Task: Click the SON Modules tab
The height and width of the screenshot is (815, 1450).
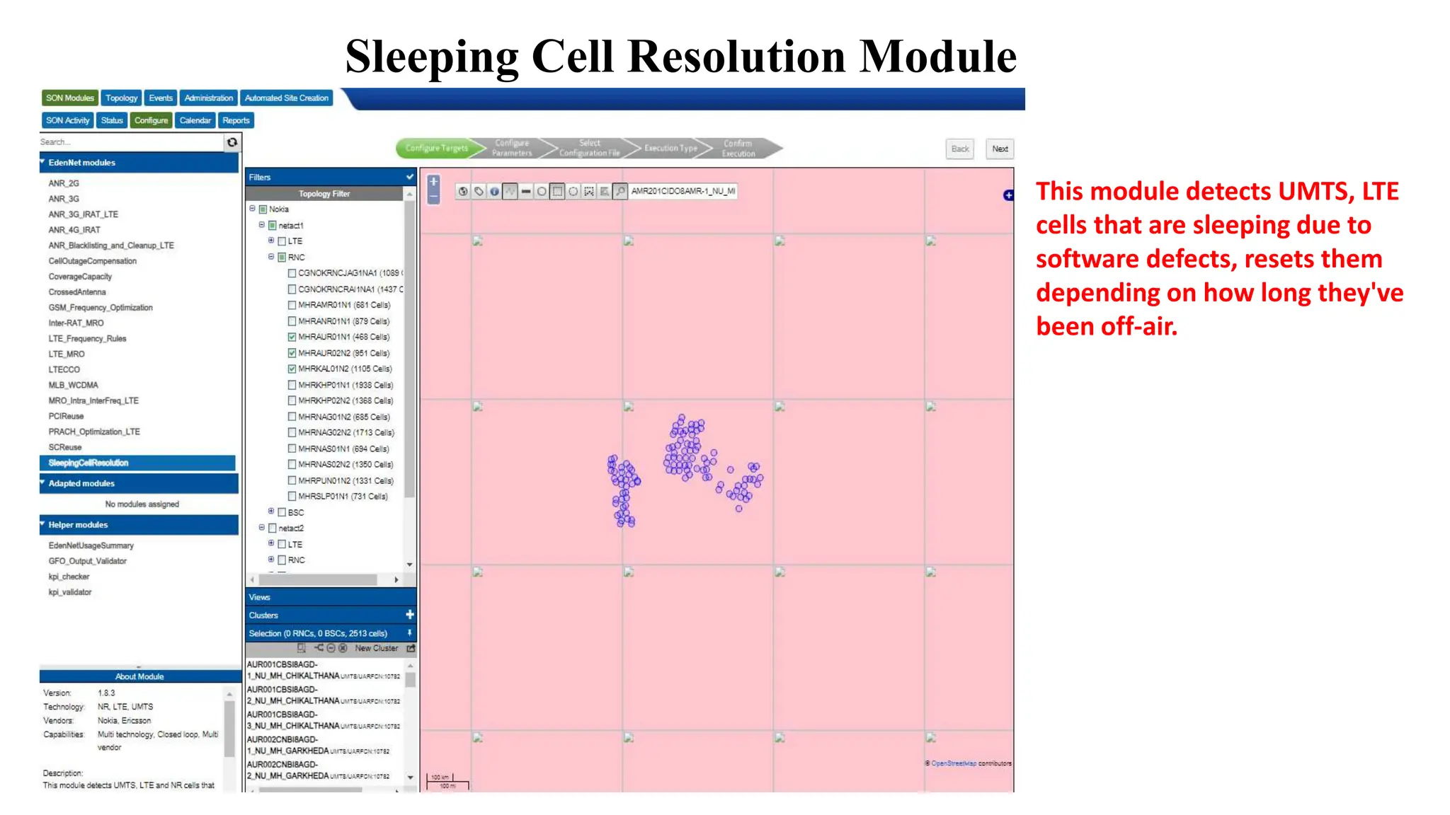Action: click(69, 98)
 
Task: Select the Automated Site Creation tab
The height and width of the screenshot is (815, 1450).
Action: click(286, 98)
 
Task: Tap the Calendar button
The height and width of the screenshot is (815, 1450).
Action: click(195, 120)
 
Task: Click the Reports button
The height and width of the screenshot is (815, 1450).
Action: click(236, 120)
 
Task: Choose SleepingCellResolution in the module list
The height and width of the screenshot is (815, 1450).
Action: click(89, 463)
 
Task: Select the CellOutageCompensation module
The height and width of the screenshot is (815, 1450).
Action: click(92, 261)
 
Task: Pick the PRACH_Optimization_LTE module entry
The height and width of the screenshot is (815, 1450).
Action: click(93, 432)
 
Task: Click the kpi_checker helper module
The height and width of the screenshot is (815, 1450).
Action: click(69, 577)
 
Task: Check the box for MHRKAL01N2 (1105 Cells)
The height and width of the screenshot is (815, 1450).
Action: click(292, 369)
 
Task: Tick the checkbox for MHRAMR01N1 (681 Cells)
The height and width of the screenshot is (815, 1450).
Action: click(292, 305)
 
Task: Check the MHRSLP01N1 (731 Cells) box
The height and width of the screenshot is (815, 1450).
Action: click(292, 496)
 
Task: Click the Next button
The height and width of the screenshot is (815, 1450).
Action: click(1000, 149)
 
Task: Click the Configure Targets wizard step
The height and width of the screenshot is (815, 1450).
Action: click(437, 148)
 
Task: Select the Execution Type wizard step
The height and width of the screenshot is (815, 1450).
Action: click(670, 148)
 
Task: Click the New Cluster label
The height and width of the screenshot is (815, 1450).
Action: click(376, 648)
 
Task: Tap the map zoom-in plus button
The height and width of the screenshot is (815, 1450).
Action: click(434, 182)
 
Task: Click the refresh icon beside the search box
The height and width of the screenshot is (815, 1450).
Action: click(232, 142)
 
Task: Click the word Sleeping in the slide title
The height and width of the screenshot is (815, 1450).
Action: click(432, 56)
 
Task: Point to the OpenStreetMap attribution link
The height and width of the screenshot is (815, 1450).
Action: click(953, 763)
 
